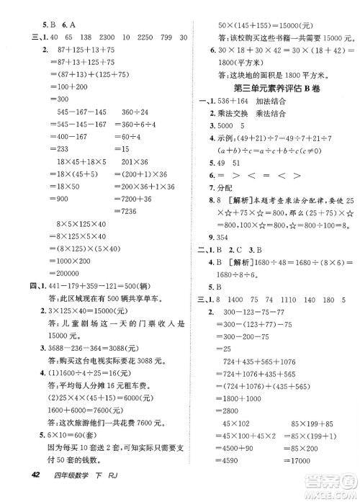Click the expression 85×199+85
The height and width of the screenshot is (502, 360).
click(x=301, y=423)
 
